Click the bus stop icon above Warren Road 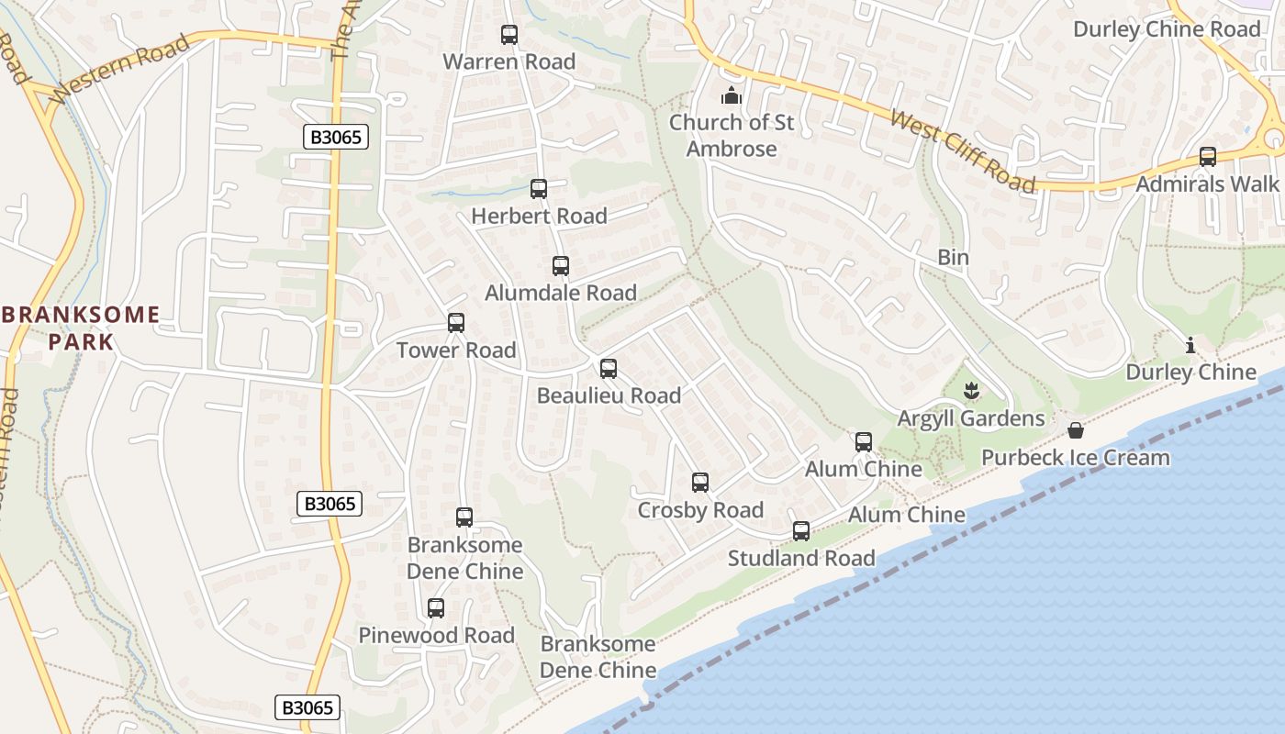[x=509, y=35]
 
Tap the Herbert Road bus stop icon [x=539, y=189]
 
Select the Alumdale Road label [x=561, y=293]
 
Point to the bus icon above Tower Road [x=456, y=323]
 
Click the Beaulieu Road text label [x=609, y=395]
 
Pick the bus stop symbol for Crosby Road [x=700, y=483]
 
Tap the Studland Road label [x=801, y=558]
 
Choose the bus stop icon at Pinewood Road [x=436, y=608]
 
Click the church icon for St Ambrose [x=731, y=95]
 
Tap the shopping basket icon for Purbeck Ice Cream [x=1075, y=431]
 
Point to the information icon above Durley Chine [x=1190, y=346]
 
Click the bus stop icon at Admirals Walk [x=1208, y=157]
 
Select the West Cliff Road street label [x=963, y=152]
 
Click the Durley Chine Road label [x=1168, y=29]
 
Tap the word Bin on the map [x=953, y=258]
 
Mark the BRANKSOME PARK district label [x=81, y=328]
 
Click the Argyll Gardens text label [x=971, y=418]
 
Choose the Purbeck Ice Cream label [x=1076, y=457]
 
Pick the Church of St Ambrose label [x=732, y=135]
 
